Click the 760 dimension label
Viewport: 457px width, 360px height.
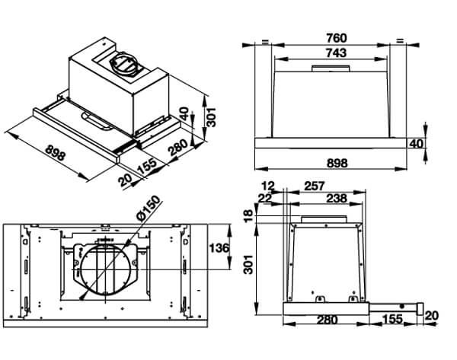pyautogui.click(x=336, y=38)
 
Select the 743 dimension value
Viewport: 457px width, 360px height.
pyautogui.click(x=336, y=53)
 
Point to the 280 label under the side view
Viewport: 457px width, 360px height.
pyautogui.click(x=326, y=320)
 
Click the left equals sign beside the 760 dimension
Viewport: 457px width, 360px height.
pyautogui.click(x=265, y=41)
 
